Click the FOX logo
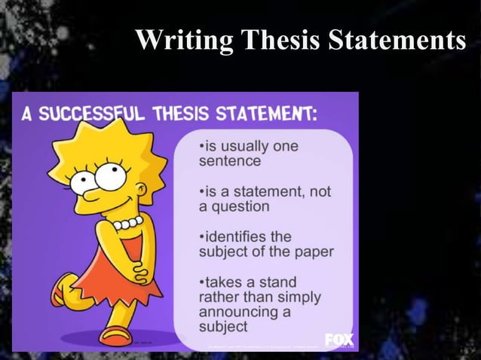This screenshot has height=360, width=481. point(339,340)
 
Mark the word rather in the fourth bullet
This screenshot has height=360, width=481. point(217,297)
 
